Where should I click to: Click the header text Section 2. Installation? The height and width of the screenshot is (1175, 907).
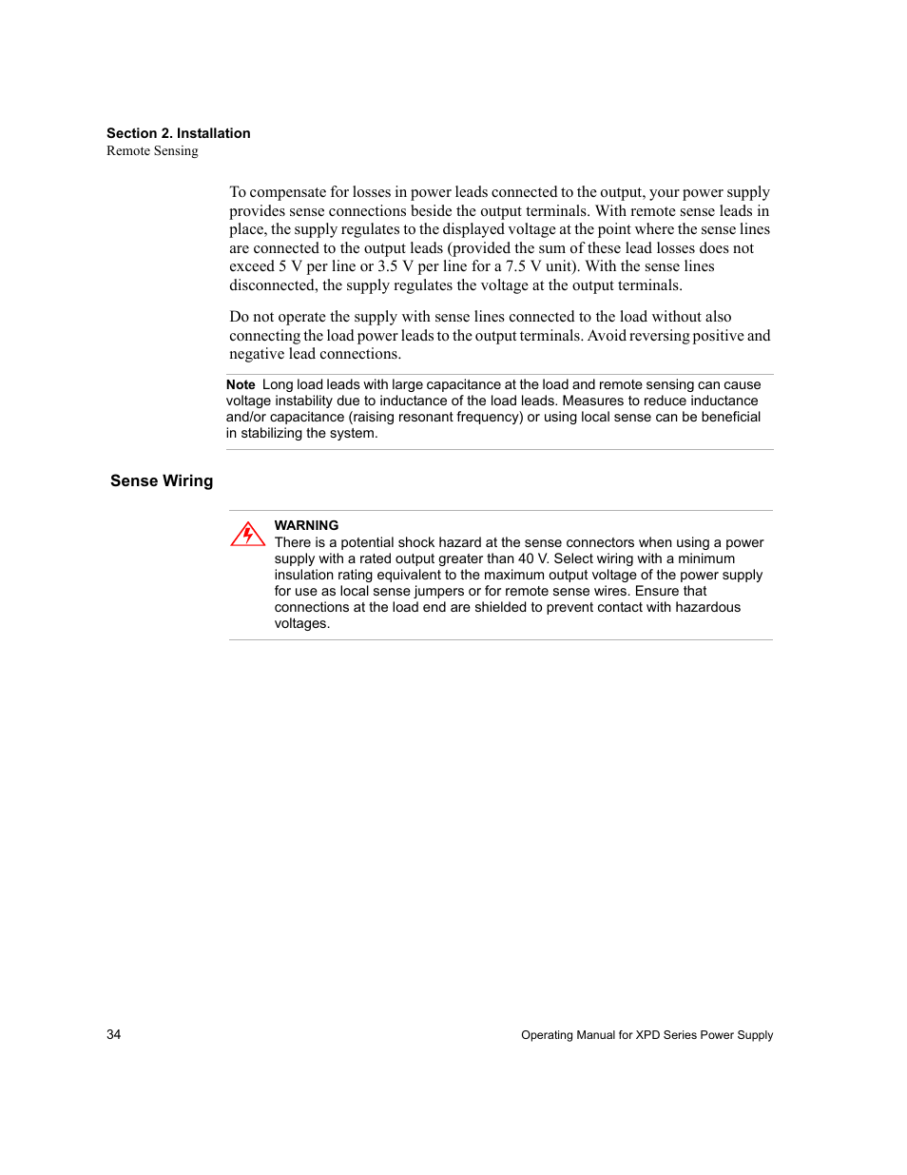[178, 133]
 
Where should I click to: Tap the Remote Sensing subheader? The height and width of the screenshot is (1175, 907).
[152, 150]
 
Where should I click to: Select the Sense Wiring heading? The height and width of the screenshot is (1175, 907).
[162, 480]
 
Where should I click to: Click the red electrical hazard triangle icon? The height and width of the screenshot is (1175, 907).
[247, 534]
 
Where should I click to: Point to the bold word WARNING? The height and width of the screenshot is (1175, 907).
[306, 525]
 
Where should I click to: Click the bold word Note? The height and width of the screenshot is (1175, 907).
[241, 384]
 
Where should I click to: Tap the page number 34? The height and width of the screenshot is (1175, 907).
[114, 1034]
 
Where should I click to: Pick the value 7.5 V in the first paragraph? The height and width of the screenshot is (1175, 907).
[523, 266]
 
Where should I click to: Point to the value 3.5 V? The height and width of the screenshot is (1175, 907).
[396, 266]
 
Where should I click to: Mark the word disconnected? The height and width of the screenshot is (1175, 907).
[272, 285]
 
